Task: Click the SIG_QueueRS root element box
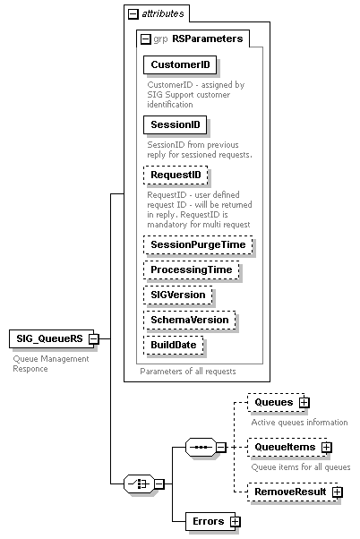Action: click(49, 338)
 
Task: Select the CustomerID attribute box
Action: click(180, 65)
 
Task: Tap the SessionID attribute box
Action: click(175, 124)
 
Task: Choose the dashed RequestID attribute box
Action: click(175, 174)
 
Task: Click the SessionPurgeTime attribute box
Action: click(197, 244)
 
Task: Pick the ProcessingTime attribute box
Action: click(191, 269)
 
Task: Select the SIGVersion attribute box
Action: click(178, 295)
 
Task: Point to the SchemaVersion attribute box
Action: click(190, 320)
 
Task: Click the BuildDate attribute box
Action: click(175, 345)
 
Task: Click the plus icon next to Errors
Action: click(236, 520)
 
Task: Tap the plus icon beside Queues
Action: click(304, 403)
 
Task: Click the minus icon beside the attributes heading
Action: click(133, 13)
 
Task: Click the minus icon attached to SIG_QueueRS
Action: click(93, 338)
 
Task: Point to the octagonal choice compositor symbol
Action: click(139, 483)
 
